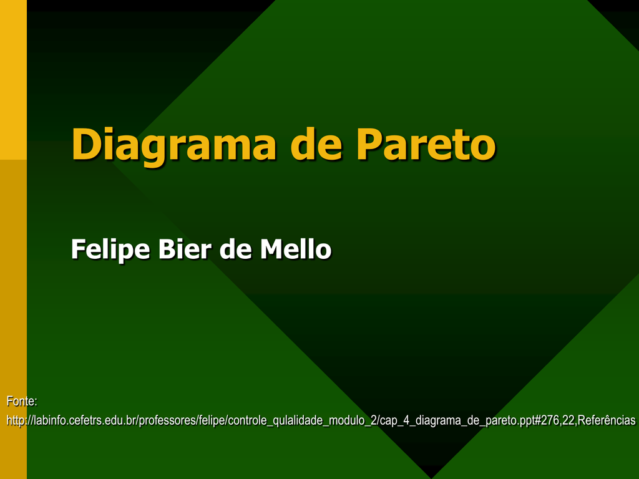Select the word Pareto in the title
[426, 144]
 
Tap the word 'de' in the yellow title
[316, 143]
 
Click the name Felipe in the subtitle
[110, 249]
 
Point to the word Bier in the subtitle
[185, 248]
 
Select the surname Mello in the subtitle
[296, 248]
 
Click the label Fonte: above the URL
[22, 401]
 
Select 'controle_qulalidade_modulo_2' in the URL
[302, 421]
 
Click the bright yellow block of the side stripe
[14, 80]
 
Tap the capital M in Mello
[272, 249]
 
